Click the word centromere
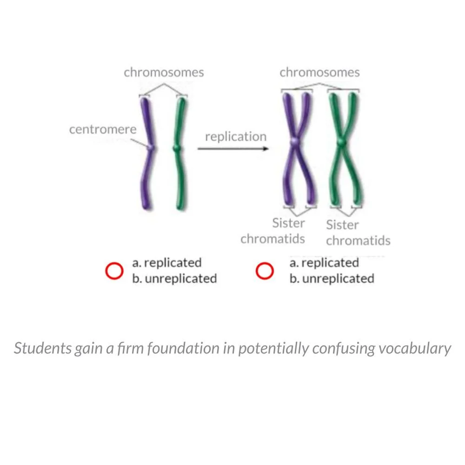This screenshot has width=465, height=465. (x=103, y=129)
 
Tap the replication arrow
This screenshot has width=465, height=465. (x=232, y=149)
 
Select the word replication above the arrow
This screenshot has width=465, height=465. (x=236, y=137)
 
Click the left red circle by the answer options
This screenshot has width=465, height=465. (x=114, y=271)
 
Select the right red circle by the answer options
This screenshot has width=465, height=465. (x=264, y=271)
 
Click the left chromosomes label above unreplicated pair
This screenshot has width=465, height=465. (x=164, y=73)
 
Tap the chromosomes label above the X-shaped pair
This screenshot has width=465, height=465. (x=319, y=73)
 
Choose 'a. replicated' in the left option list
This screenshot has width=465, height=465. (x=167, y=263)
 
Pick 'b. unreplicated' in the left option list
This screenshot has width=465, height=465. (x=174, y=279)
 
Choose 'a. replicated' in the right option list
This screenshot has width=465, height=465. (x=324, y=263)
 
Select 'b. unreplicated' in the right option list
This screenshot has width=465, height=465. (x=332, y=279)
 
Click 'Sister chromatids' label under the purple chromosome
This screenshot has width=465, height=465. (x=273, y=231)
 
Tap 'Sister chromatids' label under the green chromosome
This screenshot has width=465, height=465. (x=358, y=233)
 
